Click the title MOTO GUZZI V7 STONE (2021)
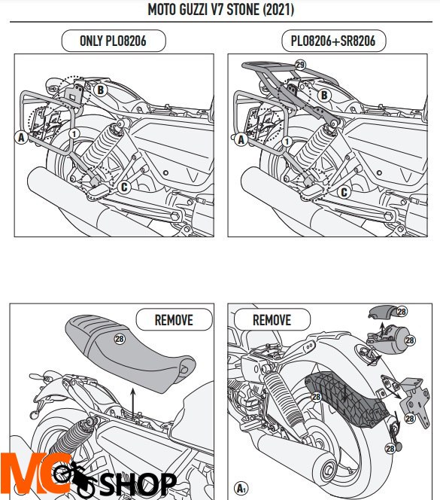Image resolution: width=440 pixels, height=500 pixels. click(220, 10)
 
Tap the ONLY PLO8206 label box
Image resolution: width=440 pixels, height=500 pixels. click(114, 41)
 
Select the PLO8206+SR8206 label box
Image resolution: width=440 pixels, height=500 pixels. click(334, 41)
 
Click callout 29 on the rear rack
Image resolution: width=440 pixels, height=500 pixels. click(300, 65)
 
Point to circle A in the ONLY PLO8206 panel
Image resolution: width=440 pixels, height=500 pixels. click(21, 138)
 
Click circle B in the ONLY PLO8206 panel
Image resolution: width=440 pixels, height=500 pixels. click(100, 90)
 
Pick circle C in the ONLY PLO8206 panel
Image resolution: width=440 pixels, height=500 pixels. click(124, 187)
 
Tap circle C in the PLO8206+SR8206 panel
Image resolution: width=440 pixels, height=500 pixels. click(344, 192)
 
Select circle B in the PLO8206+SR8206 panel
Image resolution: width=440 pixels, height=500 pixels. click(324, 96)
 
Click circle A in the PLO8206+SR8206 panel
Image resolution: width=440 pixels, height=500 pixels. click(241, 139)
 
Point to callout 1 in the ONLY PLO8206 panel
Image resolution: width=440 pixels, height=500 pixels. click(74, 133)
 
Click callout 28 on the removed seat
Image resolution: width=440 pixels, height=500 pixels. click(120, 339)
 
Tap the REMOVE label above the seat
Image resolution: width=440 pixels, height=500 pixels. click(174, 320)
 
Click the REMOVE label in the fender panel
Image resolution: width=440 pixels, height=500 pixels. click(272, 320)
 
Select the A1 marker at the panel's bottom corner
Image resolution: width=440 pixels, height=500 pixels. click(241, 488)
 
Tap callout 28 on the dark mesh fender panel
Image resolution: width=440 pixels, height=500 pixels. click(316, 397)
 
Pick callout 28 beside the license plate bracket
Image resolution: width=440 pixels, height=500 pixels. click(410, 418)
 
